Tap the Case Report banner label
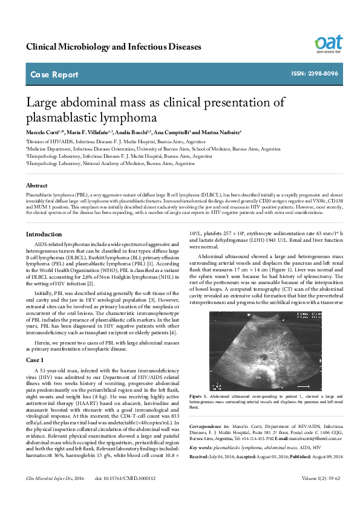coord(54,75)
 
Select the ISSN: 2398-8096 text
coord(315,74)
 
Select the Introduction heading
coord(44,234)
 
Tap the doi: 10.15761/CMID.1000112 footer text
coord(125,495)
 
